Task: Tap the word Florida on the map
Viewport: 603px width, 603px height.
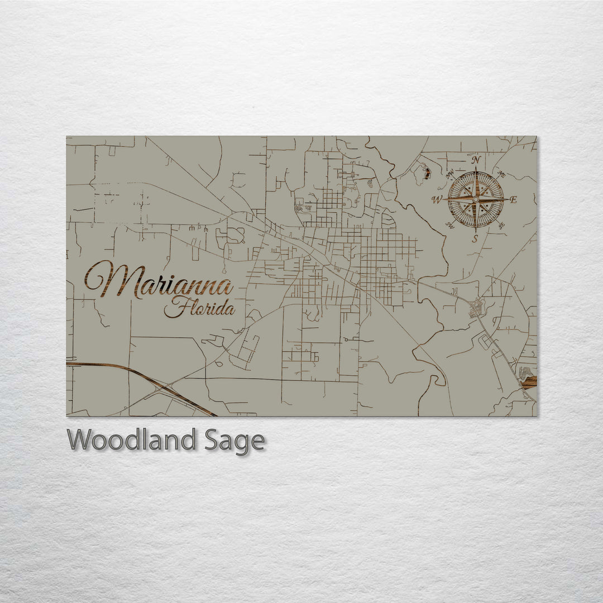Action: [199, 308]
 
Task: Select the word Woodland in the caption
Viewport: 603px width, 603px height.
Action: [131, 440]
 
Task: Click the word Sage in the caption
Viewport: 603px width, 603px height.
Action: [234, 441]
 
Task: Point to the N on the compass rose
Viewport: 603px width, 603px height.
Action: [476, 160]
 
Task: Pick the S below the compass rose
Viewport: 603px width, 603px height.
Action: [475, 238]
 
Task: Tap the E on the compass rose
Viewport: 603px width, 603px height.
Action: [514, 200]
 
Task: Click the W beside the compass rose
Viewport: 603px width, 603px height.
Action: [436, 199]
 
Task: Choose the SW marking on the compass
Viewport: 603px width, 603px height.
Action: [450, 225]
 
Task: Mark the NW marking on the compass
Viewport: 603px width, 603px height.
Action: [450, 174]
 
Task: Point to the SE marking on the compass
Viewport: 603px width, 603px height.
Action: [501, 225]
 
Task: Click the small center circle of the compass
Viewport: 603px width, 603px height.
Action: [476, 199]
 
